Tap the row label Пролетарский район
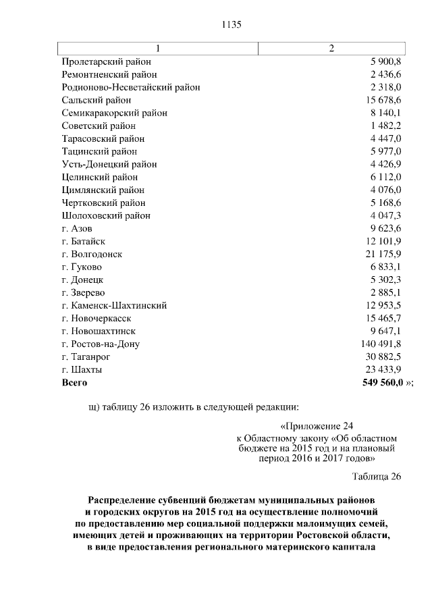(x=106, y=61)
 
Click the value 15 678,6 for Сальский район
(x=381, y=100)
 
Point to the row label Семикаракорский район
(x=114, y=113)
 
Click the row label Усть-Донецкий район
(x=109, y=164)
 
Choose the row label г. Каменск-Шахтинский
(x=114, y=305)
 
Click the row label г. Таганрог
(x=86, y=356)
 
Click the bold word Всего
(x=75, y=382)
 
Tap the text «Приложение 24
(x=316, y=426)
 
